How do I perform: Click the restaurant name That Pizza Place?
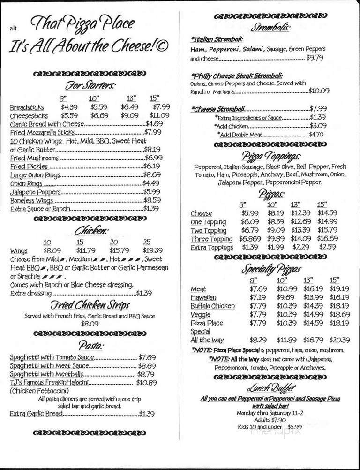[82, 23]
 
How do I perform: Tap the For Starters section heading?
[90, 86]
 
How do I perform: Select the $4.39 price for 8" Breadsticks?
[69, 107]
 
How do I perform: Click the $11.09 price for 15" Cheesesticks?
[159, 115]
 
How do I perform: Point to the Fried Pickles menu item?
[29, 167]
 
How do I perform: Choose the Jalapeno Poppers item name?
[36, 192]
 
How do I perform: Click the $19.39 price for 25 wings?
[152, 251]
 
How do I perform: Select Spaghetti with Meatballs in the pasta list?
[46, 374]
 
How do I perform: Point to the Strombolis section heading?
[270, 28]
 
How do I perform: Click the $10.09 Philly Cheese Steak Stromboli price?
[319, 91]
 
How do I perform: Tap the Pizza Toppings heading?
[271, 156]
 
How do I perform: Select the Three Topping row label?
[211, 239]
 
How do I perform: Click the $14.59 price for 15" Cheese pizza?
[327, 213]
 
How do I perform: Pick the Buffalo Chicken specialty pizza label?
[213, 306]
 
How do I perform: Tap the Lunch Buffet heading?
[270, 388]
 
